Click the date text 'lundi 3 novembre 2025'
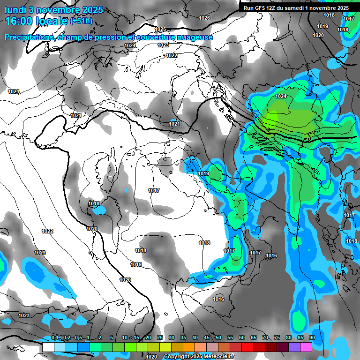[54, 10]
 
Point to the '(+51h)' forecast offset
[81, 21]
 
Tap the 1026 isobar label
[204, 18]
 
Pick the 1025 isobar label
[160, 29]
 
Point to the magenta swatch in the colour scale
[306, 347]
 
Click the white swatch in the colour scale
[48, 347]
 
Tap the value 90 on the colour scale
[312, 338]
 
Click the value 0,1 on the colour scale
[55, 338]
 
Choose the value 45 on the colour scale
[207, 338]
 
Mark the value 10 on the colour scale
[124, 338]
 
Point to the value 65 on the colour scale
[254, 338]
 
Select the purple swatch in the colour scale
[294, 347]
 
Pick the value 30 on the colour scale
[172, 338]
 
